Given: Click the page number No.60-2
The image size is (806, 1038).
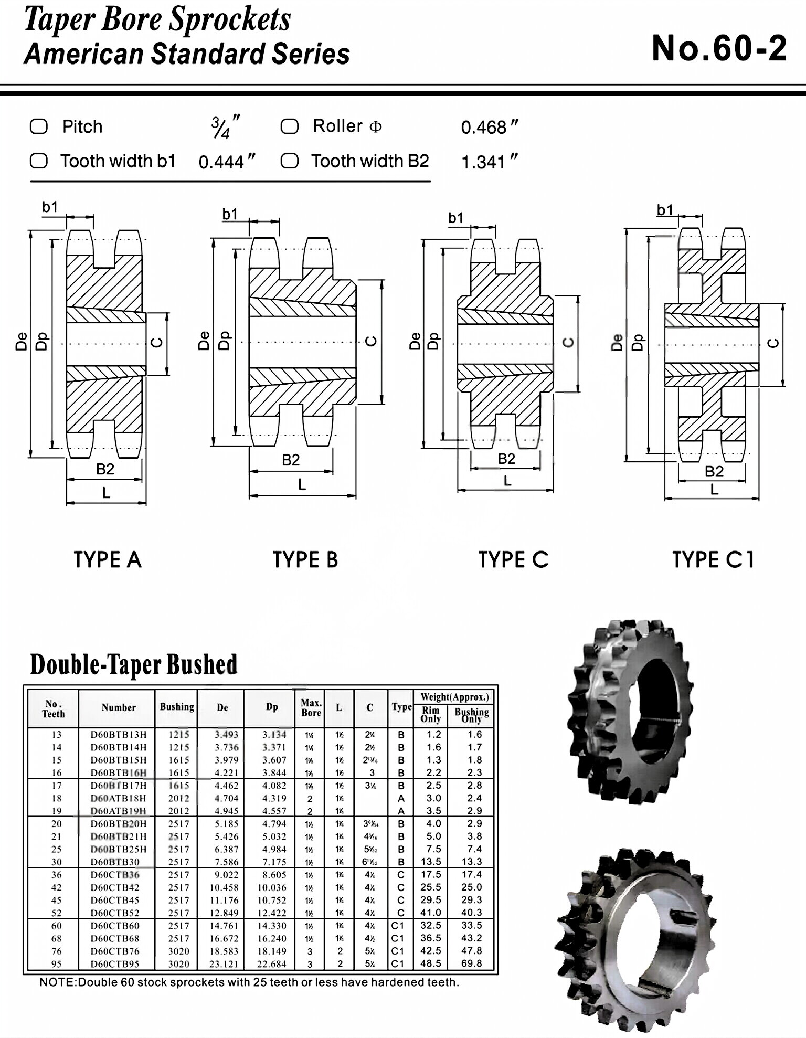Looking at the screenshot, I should point(718,48).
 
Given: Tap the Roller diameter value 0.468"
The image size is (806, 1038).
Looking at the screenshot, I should point(489,127).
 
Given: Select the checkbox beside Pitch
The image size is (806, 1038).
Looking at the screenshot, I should point(39,126).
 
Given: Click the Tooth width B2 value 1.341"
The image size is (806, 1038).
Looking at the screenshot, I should point(489,162).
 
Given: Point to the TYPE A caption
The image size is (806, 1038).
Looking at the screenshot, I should point(108,559).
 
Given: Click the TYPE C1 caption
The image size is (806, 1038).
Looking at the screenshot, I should point(713,559).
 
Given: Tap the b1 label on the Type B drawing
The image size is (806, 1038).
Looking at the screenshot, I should point(230,214).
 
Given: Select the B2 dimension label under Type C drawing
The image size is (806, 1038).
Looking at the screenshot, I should point(506,459).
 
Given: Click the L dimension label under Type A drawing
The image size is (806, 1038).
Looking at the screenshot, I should point(106,493).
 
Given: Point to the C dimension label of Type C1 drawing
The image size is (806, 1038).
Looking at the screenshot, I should point(773,343).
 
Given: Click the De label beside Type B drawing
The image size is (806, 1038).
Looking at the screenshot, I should point(204,341).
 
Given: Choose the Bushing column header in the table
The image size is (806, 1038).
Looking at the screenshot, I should point(177,707).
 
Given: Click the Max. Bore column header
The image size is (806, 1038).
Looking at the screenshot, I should point(311,707).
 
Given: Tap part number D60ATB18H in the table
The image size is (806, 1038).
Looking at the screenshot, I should point(119,798).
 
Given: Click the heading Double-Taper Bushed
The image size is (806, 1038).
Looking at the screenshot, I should point(134,664).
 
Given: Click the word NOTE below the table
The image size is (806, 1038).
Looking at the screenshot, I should point(57,982).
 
